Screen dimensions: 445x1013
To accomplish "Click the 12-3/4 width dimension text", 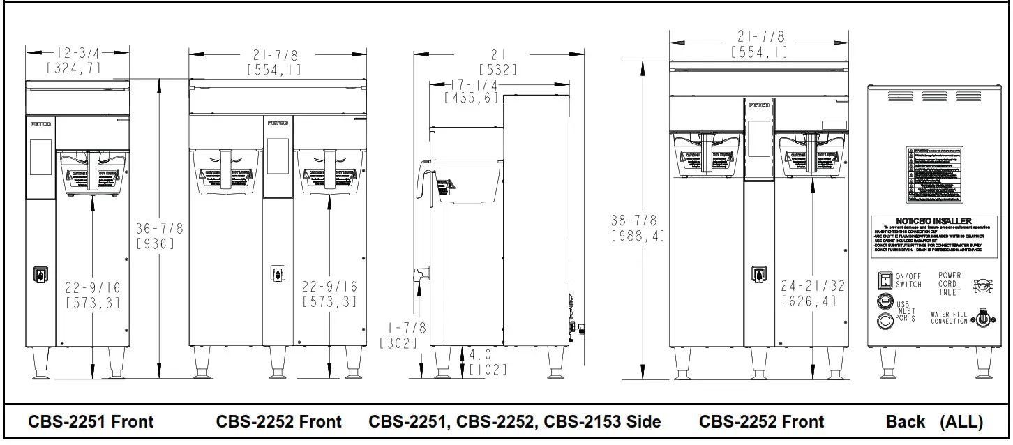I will pyautogui.click(x=77, y=52).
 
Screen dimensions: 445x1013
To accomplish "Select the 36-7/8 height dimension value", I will pyautogui.click(x=160, y=228).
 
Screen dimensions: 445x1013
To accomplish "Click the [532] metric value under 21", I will pyautogui.click(x=497, y=69).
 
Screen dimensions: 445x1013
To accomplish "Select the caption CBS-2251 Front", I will pyautogui.click(x=91, y=422).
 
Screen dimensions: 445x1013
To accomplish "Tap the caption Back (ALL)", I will pyautogui.click(x=933, y=422).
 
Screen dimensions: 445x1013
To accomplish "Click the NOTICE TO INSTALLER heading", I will pyautogui.click(x=933, y=221).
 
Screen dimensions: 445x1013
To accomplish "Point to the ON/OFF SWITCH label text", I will pyautogui.click(x=908, y=280).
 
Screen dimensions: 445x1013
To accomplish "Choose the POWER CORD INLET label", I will pyautogui.click(x=950, y=284).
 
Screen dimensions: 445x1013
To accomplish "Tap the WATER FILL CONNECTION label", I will pyautogui.click(x=949, y=318).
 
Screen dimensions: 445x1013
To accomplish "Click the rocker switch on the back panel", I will pyautogui.click(x=884, y=280).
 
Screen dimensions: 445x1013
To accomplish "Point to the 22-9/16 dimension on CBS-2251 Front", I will pyautogui.click(x=92, y=287).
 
